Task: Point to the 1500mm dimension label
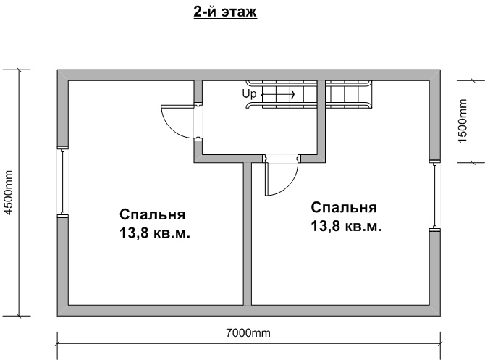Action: point(463,121)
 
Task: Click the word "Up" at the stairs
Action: point(248,93)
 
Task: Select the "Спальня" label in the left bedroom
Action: point(153,215)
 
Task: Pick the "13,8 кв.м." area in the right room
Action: point(345,226)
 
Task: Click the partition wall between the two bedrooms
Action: point(247,232)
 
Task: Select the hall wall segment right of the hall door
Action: point(311,157)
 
